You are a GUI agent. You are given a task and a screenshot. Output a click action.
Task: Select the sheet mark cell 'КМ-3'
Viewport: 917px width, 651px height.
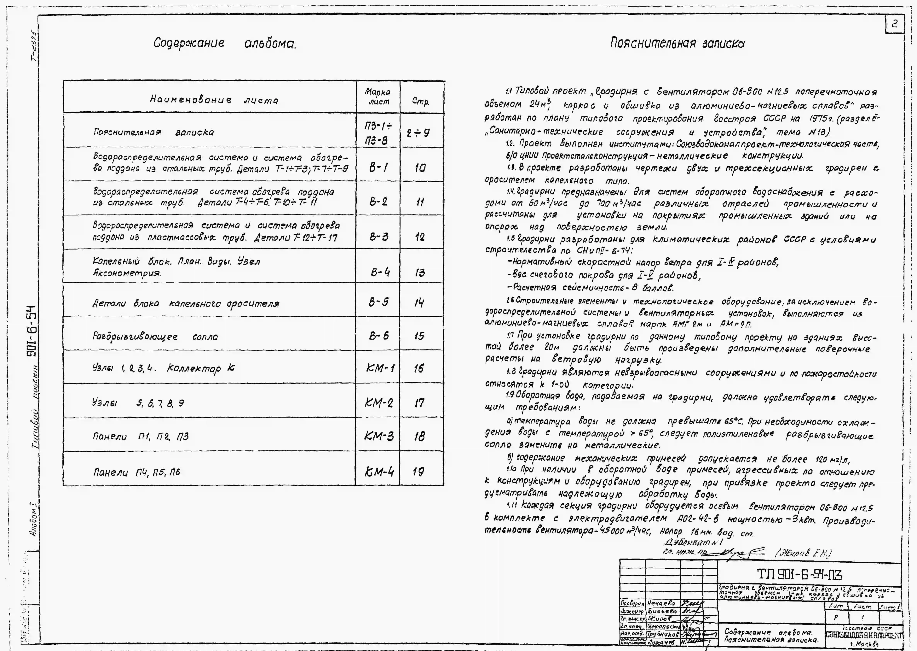click(x=379, y=436)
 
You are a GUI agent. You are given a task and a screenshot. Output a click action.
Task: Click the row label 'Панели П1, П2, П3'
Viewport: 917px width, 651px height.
click(x=140, y=436)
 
